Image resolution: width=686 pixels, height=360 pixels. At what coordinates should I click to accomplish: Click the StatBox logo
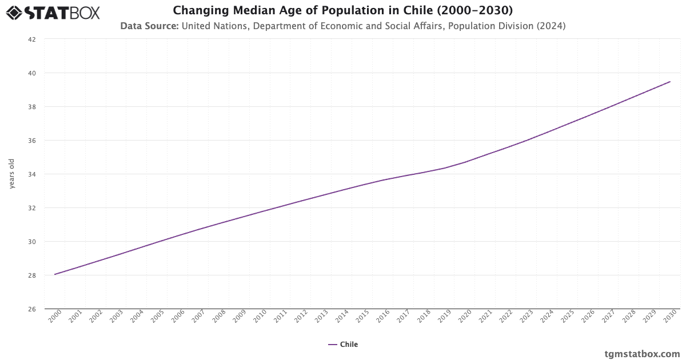click(x=53, y=12)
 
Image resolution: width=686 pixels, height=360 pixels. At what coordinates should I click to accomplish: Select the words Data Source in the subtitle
click(x=149, y=26)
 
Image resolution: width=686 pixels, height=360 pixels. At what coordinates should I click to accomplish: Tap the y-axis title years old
click(x=12, y=174)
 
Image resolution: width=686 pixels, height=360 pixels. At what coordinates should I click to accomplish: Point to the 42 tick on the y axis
click(x=32, y=39)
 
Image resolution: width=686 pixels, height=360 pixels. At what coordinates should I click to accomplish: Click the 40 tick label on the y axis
click(x=32, y=73)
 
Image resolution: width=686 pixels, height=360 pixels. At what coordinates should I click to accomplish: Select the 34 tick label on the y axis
click(x=32, y=174)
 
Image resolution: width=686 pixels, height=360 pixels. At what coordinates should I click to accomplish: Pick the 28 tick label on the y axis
click(x=32, y=275)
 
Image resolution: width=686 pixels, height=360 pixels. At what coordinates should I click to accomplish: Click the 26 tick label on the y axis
click(x=32, y=309)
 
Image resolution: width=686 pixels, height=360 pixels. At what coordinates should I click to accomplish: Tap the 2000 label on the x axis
click(x=54, y=317)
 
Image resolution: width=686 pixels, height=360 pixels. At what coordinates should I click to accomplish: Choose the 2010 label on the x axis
click(x=260, y=317)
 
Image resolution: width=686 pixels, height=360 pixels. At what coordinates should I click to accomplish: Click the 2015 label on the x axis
click(x=362, y=317)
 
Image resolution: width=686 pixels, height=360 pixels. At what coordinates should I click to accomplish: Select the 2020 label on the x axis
click(x=465, y=317)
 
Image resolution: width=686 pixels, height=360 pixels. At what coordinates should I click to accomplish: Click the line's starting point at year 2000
click(x=55, y=274)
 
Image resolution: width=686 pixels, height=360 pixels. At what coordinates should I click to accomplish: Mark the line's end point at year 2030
click(x=670, y=82)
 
